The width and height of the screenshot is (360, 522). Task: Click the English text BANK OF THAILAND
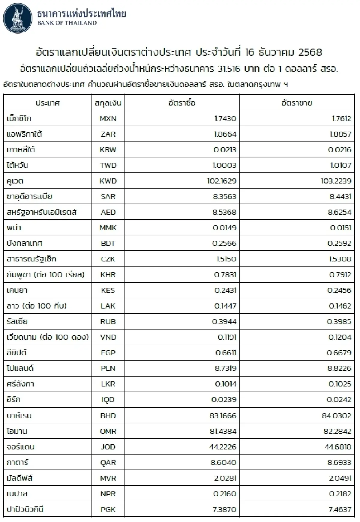[x=67, y=23]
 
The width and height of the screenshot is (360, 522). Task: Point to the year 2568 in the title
[x=310, y=52]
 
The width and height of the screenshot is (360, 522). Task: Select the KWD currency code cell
[x=108, y=181]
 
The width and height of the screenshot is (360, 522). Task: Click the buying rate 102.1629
[x=222, y=181]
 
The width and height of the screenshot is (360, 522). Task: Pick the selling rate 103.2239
[x=336, y=181]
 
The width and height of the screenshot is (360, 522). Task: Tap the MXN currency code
[x=108, y=118]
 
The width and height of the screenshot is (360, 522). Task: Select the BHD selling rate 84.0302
[x=336, y=416]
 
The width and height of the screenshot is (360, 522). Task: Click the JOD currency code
[x=108, y=447]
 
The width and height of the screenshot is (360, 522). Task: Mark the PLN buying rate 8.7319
[x=226, y=368]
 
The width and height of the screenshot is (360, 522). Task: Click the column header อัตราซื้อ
[x=182, y=103]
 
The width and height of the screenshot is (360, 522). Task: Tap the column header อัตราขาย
[x=297, y=103]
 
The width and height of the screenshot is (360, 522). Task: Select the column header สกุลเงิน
[x=108, y=103]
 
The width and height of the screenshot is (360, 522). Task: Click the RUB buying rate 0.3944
[x=224, y=322]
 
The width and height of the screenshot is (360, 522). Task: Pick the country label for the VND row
[x=48, y=337]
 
